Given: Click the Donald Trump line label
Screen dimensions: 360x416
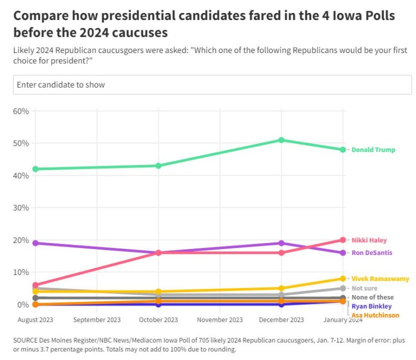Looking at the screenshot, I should [x=373, y=150].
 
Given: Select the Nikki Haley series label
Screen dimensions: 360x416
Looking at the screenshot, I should [x=369, y=240].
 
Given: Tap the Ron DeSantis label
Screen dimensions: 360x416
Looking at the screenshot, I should [x=371, y=253].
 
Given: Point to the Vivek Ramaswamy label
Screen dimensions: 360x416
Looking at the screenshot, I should [x=380, y=279].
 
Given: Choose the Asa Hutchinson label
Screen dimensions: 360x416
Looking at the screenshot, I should [x=375, y=315].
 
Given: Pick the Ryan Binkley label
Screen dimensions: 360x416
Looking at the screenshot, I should [x=372, y=306].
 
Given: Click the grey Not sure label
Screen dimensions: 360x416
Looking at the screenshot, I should [x=364, y=289].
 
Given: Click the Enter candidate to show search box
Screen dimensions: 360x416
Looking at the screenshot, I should [x=212, y=85].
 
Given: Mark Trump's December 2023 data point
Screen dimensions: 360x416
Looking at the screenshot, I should [x=281, y=140].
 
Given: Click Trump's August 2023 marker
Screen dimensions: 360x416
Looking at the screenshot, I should [x=35, y=169].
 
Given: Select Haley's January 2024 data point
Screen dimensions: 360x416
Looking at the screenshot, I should [x=343, y=240].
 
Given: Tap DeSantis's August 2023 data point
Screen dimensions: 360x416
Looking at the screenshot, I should [x=35, y=243].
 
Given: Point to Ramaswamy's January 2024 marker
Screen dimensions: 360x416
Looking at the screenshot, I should [x=343, y=279].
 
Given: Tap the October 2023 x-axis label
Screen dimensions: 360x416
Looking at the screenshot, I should [x=158, y=320].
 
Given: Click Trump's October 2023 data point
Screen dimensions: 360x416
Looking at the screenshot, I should [x=158, y=166].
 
